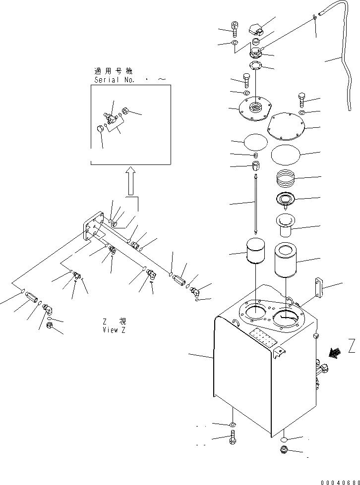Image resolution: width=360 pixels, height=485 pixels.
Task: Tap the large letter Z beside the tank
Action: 352,345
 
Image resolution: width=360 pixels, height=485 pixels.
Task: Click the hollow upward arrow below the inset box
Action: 130,180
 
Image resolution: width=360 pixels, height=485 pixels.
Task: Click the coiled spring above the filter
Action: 288,176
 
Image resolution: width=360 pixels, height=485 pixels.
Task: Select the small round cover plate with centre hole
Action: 255,108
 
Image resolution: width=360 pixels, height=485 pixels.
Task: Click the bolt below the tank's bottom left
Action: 233,438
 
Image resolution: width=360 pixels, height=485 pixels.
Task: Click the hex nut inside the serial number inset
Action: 126,110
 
